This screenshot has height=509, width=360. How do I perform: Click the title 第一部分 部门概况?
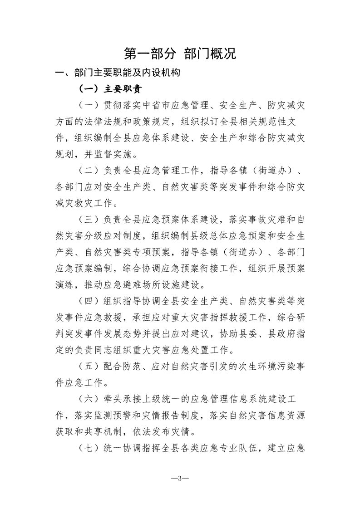(180, 54)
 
